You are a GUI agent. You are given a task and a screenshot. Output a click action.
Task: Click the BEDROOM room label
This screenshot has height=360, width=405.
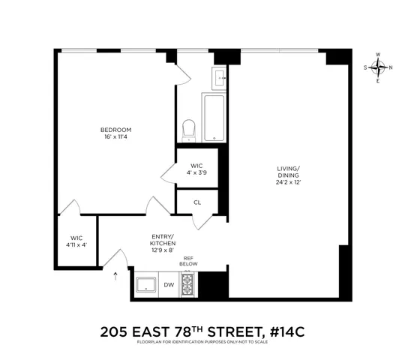(116, 130)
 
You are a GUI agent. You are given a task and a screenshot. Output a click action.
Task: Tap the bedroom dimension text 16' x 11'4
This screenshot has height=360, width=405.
(116, 137)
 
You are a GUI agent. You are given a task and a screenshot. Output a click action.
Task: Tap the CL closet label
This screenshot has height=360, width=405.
(196, 202)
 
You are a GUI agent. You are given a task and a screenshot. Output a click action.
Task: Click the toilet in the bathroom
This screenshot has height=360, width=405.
(190, 129)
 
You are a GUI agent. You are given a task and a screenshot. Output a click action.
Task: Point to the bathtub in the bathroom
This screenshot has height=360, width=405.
(214, 118)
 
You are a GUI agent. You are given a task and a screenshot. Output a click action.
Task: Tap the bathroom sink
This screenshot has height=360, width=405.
(220, 77)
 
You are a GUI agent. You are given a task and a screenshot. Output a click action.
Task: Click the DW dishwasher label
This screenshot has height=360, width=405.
(169, 285)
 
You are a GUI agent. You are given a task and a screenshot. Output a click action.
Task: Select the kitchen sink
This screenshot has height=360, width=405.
(145, 284)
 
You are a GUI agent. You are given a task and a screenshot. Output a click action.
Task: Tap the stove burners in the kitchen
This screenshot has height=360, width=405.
(188, 284)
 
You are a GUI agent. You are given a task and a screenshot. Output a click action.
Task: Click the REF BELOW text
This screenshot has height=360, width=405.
(188, 261)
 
